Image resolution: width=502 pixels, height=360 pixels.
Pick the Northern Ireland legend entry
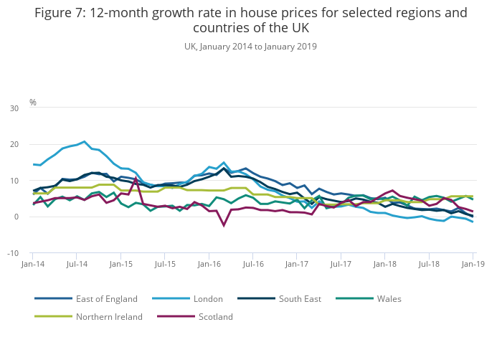click(109, 316)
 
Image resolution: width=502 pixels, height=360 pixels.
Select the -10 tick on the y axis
click(13, 254)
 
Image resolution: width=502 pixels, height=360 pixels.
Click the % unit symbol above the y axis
click(33, 103)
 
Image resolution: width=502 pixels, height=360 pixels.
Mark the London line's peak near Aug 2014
click(84, 141)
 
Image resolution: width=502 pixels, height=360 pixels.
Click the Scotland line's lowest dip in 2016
click(224, 225)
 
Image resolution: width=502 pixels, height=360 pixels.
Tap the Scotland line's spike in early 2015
click(136, 179)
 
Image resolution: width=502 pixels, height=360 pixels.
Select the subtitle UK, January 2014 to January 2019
click(250, 46)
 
